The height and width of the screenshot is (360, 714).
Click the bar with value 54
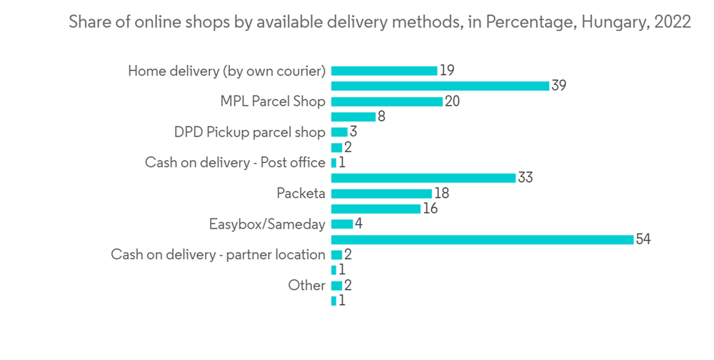click(482, 239)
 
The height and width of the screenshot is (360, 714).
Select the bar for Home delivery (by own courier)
click(384, 71)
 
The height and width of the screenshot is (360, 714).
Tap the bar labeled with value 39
click(440, 86)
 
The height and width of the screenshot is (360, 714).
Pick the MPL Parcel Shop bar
click(386, 101)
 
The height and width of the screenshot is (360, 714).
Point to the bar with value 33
click(423, 178)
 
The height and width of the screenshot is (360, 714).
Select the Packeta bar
click(381, 194)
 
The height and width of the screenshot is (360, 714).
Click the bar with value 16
click(376, 209)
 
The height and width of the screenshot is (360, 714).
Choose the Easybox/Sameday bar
click(342, 224)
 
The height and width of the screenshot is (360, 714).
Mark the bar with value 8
click(353, 116)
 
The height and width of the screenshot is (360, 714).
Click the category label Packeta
click(301, 194)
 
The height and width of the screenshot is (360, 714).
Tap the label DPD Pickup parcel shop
click(249, 132)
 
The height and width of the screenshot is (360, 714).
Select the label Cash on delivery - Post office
click(235, 163)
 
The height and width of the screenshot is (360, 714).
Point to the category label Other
click(306, 285)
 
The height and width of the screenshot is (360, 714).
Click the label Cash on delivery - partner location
click(218, 255)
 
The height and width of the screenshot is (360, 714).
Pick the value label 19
click(447, 71)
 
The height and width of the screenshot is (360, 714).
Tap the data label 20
click(452, 101)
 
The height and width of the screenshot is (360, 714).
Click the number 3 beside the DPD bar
click(353, 132)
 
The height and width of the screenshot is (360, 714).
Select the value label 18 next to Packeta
click(441, 194)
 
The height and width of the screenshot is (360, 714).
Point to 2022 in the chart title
click(672, 22)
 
